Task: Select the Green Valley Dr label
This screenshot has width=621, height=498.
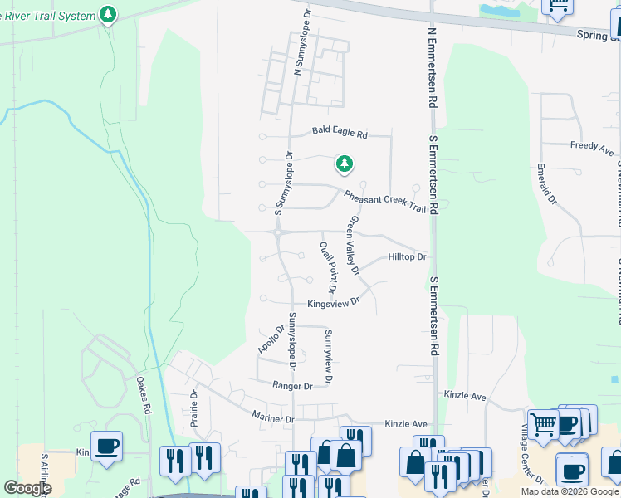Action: click(x=354, y=246)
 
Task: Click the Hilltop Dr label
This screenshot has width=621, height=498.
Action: click(x=407, y=257)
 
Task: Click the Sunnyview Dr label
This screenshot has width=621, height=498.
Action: click(x=328, y=357)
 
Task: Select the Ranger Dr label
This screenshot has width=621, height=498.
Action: click(x=292, y=386)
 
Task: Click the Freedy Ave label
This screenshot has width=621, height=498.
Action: click(x=592, y=149)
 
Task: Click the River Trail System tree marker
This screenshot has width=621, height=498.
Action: click(x=108, y=15)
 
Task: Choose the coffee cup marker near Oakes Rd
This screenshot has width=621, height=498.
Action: click(x=107, y=447)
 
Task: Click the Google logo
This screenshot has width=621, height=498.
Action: click(x=28, y=488)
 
